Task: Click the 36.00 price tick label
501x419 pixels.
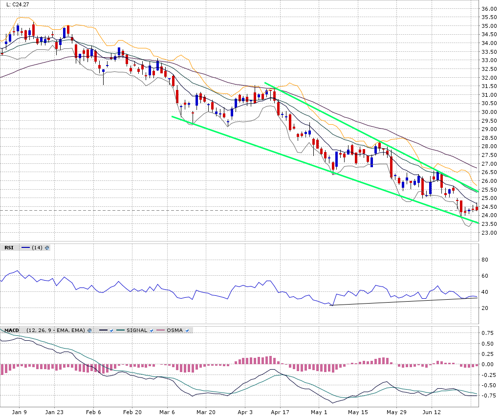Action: pos(489,9)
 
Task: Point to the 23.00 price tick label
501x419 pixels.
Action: pos(489,233)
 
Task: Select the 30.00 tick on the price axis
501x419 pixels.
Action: pos(489,112)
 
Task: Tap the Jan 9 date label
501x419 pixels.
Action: pos(20,412)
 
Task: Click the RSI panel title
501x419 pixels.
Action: pos(9,248)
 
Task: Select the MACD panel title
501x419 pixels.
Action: pos(12,331)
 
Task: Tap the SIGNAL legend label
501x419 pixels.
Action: pos(136,331)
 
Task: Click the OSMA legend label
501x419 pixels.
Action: pos(174,331)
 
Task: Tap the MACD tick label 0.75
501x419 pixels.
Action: pos(488,333)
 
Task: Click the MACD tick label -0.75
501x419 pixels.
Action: pos(487,396)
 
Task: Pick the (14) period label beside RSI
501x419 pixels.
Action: pos(37,248)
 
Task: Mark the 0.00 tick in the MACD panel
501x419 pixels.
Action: pos(488,364)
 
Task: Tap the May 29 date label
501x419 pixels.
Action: pos(396,412)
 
